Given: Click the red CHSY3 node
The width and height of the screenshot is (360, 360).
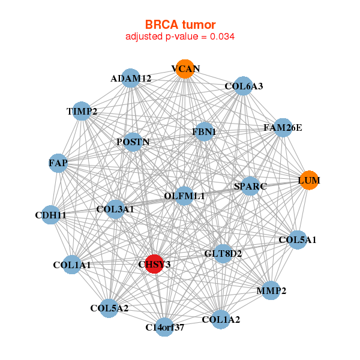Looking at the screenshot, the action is coord(155,264).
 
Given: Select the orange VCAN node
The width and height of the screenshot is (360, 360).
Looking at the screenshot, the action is coord(185,69).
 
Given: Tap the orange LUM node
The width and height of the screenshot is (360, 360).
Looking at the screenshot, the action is coord(309,180).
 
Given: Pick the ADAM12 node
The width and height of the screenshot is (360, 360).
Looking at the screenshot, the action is coord(131,79).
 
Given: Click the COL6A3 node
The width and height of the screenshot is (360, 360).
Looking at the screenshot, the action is coord(243,86).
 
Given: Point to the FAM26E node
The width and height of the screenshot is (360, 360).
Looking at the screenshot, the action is coord(283,128).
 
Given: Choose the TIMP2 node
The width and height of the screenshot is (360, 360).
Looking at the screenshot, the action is coord(82,111).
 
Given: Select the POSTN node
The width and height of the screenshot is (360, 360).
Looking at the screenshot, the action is coord(133,142).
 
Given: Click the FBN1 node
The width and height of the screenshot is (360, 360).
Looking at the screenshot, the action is coord(204,131).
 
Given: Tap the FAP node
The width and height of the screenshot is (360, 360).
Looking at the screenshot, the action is coord(58,163).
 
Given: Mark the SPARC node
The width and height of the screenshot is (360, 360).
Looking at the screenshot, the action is coord(250,186).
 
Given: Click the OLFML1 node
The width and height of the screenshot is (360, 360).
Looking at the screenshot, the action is coord(184,196).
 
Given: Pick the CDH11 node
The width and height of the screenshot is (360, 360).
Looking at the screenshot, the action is coord(50,215).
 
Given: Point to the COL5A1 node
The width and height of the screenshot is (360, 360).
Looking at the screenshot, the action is coord(297,240).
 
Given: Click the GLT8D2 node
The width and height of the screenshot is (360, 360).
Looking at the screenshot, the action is coord(223,254).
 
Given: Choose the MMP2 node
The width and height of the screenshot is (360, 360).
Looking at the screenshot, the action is coord(271,291).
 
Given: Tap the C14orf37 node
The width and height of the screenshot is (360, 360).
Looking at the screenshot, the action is coord(164,327).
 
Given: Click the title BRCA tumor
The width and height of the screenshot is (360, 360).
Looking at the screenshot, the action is coord(180,25).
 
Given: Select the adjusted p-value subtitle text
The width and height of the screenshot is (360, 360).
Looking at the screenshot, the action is coord(180,37).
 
